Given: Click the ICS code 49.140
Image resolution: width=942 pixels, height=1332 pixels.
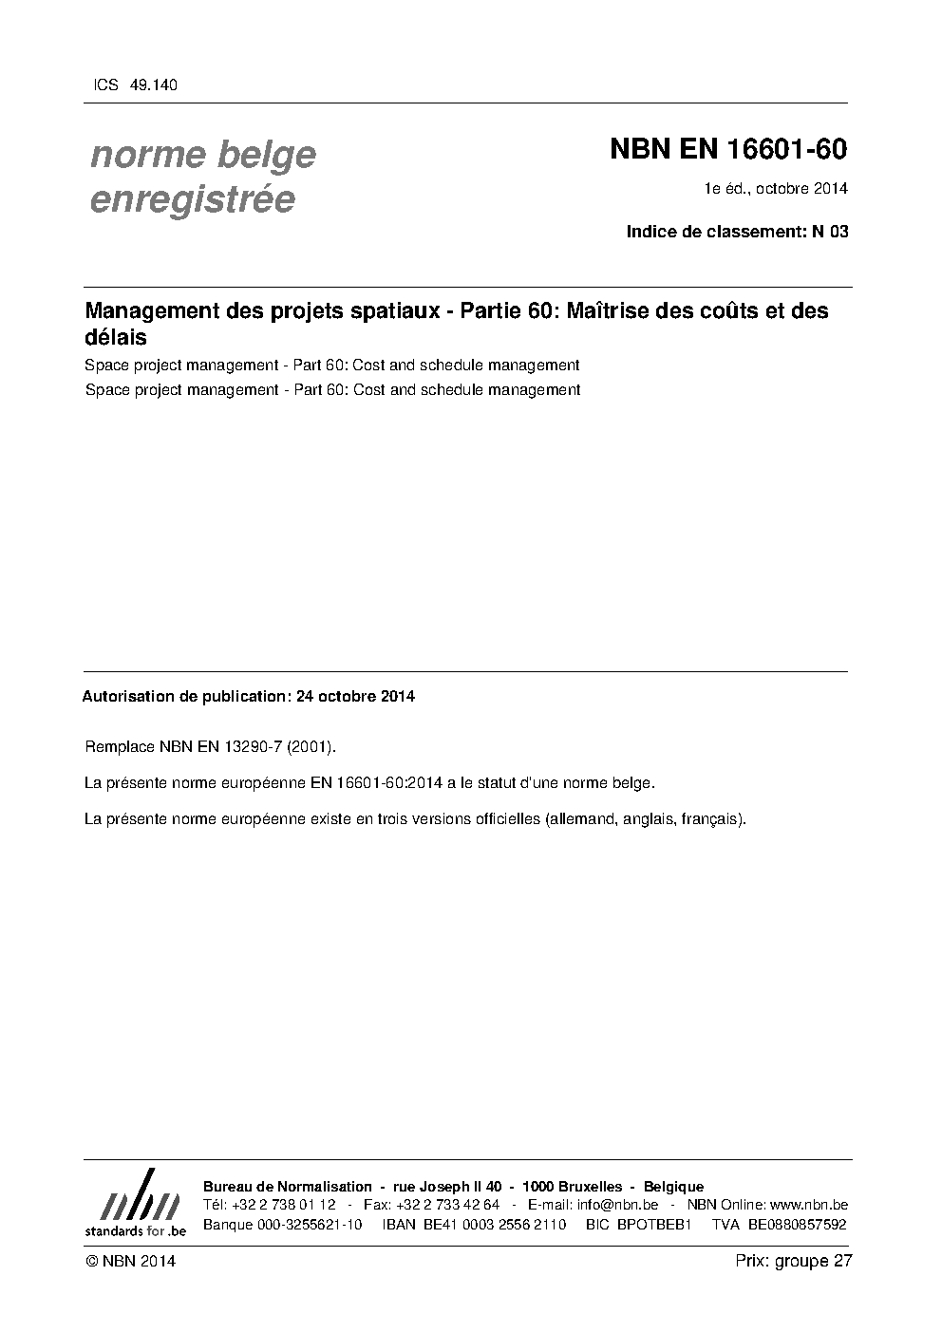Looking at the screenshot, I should click(152, 85).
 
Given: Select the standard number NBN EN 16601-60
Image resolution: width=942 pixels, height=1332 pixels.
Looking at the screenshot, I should click(727, 150).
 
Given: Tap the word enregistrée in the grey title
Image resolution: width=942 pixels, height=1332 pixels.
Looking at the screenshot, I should click(192, 200).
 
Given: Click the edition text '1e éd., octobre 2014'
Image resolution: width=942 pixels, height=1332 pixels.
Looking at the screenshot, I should click(775, 188).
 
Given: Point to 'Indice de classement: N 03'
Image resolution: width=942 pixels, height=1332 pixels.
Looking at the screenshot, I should click(737, 231).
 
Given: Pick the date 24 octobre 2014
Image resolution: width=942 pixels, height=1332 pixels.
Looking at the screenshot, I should click(355, 696).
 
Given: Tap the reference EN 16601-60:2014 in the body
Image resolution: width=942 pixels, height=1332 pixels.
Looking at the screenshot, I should click(377, 783).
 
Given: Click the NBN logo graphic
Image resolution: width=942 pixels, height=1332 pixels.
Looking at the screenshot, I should click(136, 1201).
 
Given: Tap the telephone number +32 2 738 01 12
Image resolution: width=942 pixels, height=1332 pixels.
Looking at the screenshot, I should click(282, 1205).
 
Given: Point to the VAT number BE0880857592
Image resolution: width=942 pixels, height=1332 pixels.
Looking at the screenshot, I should click(797, 1225).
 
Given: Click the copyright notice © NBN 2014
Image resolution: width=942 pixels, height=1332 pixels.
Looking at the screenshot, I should click(130, 1262).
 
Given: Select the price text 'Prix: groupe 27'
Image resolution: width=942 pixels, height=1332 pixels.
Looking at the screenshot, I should click(794, 1261).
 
